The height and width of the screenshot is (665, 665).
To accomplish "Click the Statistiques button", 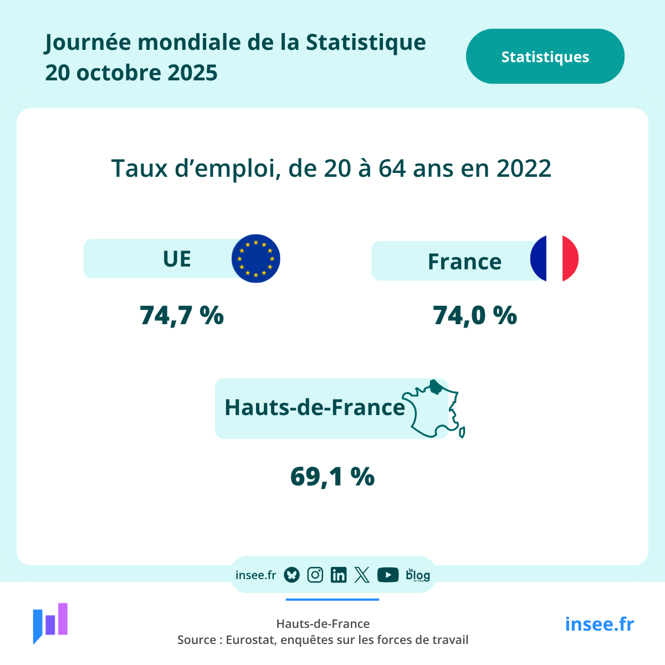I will coord(545,57).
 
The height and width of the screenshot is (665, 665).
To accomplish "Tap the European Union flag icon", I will coord(255,259).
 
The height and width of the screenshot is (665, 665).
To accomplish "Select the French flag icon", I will coord(554,259).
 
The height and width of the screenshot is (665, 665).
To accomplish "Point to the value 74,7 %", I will coord(182,315).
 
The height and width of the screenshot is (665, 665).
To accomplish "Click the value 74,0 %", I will coord(475,315).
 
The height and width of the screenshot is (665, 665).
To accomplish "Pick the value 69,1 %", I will coord(332,477).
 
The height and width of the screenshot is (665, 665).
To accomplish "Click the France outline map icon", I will coord(434,409).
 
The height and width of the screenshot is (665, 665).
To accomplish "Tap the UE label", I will coord(177,259).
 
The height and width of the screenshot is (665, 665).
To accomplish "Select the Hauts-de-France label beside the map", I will coord(315,407).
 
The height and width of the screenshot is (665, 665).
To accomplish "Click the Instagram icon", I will coord(315,575).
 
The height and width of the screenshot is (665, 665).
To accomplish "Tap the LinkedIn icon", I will coord(338,575).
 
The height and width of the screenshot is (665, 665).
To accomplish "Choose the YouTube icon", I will coord(388,575).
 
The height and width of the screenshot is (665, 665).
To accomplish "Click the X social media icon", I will coord(362,575).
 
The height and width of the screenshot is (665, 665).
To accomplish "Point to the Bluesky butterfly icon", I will coord(291,575).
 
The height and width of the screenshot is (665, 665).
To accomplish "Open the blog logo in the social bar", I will coord(418,575).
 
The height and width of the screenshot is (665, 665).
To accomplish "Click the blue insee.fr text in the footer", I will coord(599,624).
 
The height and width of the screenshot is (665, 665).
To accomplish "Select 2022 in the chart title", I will coord(524,168).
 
